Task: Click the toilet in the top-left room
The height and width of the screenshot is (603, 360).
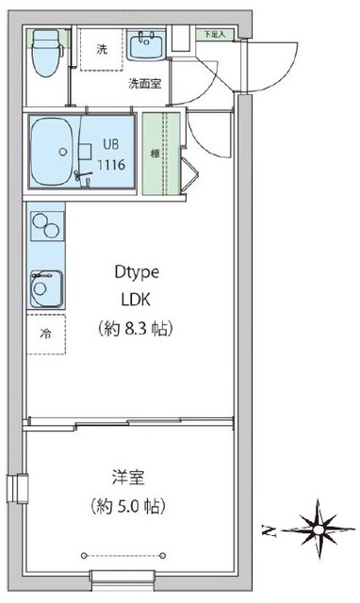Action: [x=43, y=57]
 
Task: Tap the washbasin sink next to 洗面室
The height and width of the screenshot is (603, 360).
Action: [x=149, y=43]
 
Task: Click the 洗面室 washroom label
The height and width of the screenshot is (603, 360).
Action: [x=144, y=82]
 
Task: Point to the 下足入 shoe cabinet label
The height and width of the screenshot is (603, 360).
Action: [x=214, y=34]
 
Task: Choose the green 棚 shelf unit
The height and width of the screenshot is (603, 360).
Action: [x=154, y=154]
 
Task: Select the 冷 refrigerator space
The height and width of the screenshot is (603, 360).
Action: [x=45, y=334]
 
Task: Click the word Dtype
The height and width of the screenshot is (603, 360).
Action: [x=137, y=272]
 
